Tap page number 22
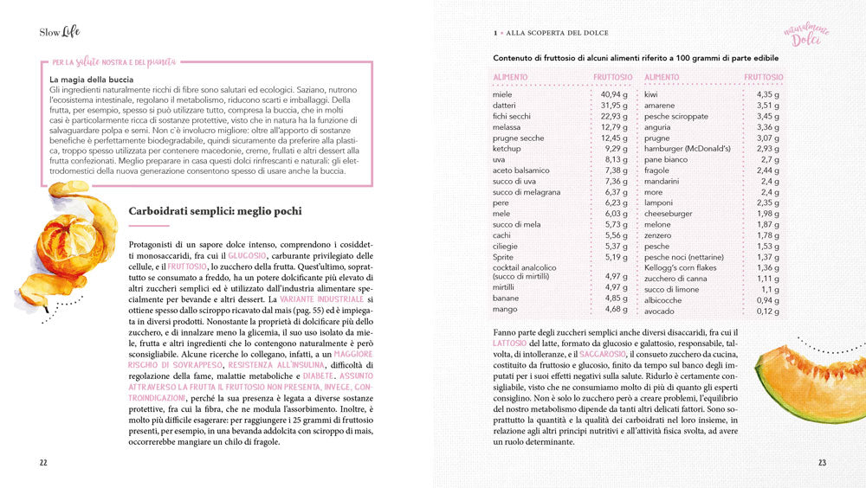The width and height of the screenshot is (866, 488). point(43,462)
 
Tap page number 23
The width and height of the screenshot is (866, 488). point(822,462)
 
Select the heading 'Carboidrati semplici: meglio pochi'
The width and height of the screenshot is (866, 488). point(214,211)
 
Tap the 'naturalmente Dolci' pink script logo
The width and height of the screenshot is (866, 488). point(807,35)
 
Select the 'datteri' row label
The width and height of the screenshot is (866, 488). point(506,106)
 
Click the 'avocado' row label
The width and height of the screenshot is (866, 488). point(660,311)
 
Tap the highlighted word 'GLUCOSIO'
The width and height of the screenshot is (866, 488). point(248,255)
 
